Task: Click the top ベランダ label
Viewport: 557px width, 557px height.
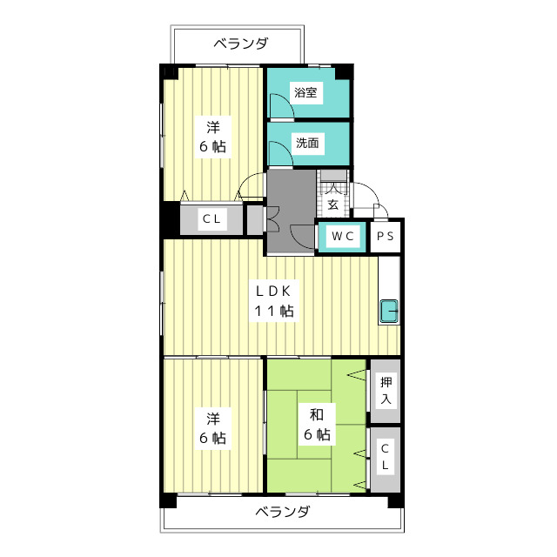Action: tap(240, 44)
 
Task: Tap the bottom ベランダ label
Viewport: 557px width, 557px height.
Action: tap(283, 513)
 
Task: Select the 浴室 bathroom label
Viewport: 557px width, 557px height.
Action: tap(305, 93)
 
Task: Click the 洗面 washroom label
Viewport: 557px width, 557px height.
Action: tap(307, 143)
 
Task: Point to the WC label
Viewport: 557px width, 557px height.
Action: tap(343, 236)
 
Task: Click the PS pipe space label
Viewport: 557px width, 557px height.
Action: tap(386, 236)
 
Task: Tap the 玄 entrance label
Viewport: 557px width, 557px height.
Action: tap(332, 205)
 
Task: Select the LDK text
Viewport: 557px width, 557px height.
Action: tap(273, 292)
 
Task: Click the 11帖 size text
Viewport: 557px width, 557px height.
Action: tap(274, 312)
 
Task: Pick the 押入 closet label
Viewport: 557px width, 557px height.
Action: tap(386, 391)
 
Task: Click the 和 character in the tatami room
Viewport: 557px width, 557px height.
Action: tap(316, 414)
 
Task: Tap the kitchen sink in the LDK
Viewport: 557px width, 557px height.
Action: tap(389, 312)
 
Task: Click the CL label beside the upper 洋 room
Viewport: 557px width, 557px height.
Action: tap(211, 218)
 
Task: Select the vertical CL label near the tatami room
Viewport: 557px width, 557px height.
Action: tap(385, 457)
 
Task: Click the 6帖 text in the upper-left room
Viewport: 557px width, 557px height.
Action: tap(212, 146)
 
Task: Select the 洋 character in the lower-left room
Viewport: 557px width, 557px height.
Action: tap(213, 419)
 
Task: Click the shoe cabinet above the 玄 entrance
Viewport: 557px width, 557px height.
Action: tap(332, 176)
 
